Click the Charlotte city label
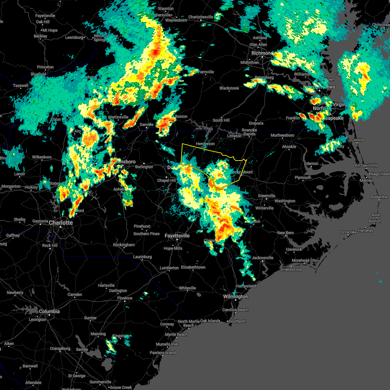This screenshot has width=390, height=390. [61, 223]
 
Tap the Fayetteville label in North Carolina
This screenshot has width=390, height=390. [177, 236]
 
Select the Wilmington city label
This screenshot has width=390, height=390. [236, 296]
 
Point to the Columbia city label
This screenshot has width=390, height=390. [49, 311]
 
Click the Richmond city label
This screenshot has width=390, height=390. [262, 53]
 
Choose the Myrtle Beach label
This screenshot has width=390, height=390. [176, 334]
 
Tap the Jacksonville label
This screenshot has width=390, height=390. [263, 258]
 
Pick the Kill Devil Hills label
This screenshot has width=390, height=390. [366, 165]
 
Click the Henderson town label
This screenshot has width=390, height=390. [205, 144]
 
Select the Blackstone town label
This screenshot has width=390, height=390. [229, 88]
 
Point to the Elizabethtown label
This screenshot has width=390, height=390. [193, 267]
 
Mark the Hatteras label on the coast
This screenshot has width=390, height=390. [365, 230]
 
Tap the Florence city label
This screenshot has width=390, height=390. [125, 298]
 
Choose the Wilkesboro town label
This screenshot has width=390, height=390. [42, 157]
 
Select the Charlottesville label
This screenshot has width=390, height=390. [201, 17]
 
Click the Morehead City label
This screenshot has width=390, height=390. [304, 260]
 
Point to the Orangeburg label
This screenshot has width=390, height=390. [60, 348]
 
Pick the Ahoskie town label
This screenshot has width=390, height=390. [289, 147]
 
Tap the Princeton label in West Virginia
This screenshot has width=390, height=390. [45, 67]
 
